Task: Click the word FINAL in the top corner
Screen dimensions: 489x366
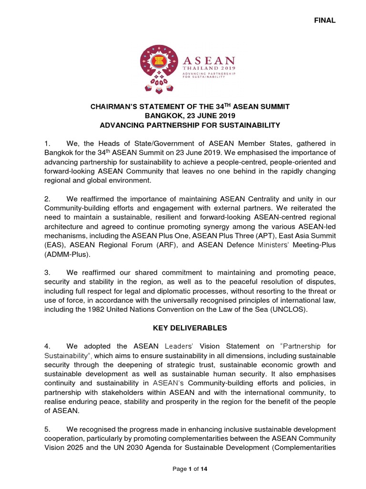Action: (x=325, y=21)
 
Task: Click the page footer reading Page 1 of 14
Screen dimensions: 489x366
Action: (x=190, y=469)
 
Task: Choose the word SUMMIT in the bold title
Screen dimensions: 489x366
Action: (x=272, y=107)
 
